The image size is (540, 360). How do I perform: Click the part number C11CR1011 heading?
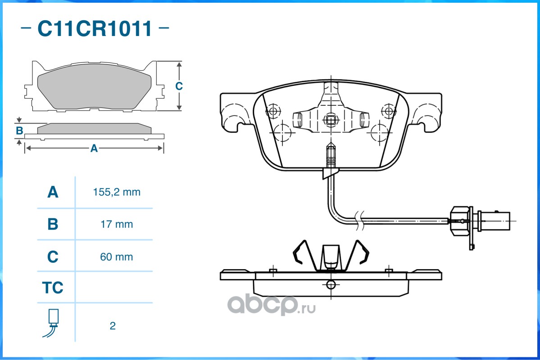pyautogui.click(x=95, y=28)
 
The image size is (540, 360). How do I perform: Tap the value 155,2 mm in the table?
pyautogui.click(x=117, y=192)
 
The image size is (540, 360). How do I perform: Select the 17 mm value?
pyautogui.click(x=116, y=225)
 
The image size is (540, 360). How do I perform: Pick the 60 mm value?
pyautogui.click(x=116, y=257)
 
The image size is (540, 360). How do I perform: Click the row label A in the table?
pyautogui.click(x=53, y=192)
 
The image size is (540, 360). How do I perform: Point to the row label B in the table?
pyautogui.click(x=53, y=224)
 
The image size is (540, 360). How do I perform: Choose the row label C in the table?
pyautogui.click(x=53, y=256)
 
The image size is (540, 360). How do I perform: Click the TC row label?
pyautogui.click(x=53, y=288)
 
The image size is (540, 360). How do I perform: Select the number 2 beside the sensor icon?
pyautogui.click(x=113, y=326)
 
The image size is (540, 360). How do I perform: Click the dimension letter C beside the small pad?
pyautogui.click(x=179, y=86)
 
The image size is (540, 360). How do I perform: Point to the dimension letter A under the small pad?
pyautogui.click(x=94, y=148)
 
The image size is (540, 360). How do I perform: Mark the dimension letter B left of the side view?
pyautogui.click(x=20, y=131)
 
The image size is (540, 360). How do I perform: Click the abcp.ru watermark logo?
pyautogui.click(x=272, y=305)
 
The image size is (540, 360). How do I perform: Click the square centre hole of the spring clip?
pyautogui.click(x=331, y=120)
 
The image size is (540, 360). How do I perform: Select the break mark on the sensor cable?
pyautogui.click(x=360, y=220)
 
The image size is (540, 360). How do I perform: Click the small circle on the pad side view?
pyautogui.click(x=331, y=285)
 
